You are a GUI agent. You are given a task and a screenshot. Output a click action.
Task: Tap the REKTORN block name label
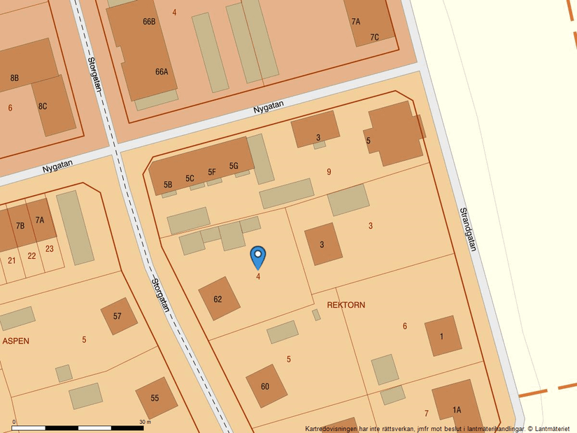[x=346, y=305]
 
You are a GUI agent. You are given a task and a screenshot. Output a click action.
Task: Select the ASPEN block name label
[x=15, y=341]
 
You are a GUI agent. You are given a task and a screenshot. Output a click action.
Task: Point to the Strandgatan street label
[x=468, y=229]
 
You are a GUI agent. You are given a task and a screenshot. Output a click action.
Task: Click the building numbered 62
[x=218, y=299]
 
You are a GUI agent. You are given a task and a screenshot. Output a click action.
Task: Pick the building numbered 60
[x=266, y=386]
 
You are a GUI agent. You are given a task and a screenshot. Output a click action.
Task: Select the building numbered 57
[x=117, y=316]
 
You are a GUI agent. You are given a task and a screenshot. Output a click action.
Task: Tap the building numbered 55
[x=155, y=398]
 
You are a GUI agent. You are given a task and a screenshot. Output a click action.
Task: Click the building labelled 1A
[x=457, y=410]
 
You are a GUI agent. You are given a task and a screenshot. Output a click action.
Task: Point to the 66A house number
[x=162, y=71]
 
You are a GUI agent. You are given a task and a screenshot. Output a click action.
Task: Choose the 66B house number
[x=149, y=22]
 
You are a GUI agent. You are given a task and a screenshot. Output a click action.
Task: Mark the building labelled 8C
[x=43, y=106]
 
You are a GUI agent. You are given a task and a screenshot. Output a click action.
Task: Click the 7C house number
[x=375, y=37]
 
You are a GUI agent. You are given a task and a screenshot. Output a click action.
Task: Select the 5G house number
[x=234, y=166]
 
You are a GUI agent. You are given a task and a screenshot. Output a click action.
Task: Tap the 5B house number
[x=168, y=185]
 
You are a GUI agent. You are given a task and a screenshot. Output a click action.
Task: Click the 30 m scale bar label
[x=145, y=422]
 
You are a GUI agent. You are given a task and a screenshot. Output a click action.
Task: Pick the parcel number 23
[x=50, y=248]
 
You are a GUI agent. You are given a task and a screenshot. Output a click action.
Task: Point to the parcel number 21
[x=12, y=260]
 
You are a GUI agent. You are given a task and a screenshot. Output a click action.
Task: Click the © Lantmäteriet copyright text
[x=548, y=428]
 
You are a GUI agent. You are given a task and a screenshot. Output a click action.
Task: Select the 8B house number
[x=15, y=78]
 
